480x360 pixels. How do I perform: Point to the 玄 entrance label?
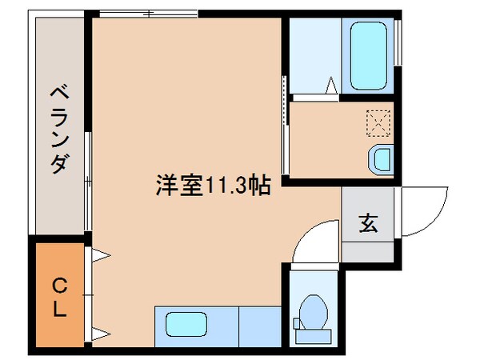coord(367,225)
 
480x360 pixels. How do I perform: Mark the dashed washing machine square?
coord(378,122)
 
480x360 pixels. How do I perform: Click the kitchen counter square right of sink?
coord(259,325)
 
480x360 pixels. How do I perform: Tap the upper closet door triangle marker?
coord(102,256)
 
